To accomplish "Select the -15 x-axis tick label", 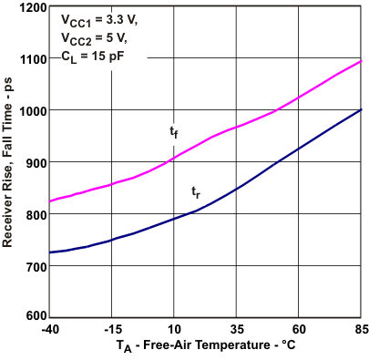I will point(111,330).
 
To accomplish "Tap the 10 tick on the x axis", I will point(173,330).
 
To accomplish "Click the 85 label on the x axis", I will point(360,330).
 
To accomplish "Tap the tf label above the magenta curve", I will point(174,133).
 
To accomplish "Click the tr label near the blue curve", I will point(196,191).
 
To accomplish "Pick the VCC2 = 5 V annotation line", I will point(91,39).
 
